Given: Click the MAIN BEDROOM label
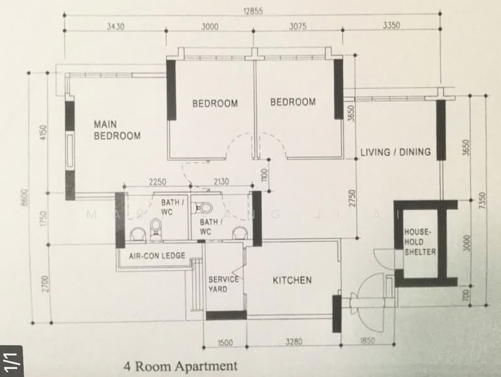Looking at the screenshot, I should coord(117,129).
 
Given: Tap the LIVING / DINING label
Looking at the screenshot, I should coord(396,151).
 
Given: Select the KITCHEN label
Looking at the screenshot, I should coord(291,280).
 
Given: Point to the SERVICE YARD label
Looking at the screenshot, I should coord(224,284).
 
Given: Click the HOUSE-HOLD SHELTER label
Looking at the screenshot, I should coord(420,242).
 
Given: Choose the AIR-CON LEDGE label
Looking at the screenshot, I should coord(157,256).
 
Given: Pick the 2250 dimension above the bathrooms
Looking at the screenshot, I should coord(157,182).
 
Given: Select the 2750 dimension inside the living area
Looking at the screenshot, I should coord(352,197).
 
